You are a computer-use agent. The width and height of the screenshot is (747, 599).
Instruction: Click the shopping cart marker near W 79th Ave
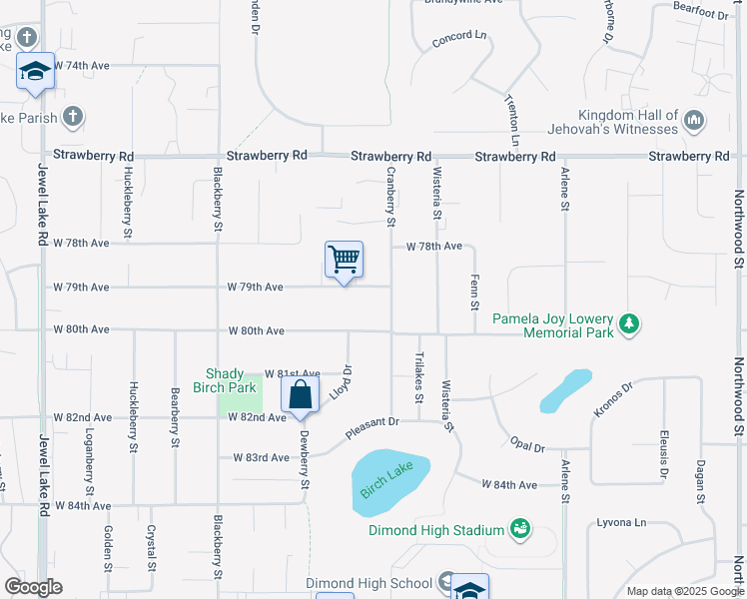[344, 261]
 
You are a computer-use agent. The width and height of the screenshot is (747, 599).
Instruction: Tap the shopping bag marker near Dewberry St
[300, 395]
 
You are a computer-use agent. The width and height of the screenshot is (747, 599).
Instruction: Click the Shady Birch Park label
[232, 380]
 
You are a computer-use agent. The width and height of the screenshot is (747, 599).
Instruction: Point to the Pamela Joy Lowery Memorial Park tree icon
[628, 323]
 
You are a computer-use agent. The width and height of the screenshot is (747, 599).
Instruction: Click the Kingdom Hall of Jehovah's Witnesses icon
[695, 122]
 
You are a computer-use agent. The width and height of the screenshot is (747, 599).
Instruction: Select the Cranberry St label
[391, 195]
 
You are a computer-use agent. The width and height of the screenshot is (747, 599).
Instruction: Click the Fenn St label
[474, 292]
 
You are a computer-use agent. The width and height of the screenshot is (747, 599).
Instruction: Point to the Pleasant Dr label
[373, 428]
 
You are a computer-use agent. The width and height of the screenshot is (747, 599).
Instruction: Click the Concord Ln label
[459, 39]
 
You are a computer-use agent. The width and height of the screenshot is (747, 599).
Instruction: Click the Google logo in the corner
[33, 587]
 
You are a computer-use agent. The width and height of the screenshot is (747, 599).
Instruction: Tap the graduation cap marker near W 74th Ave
[35, 72]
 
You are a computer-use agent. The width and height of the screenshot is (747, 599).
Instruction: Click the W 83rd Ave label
[261, 458]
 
